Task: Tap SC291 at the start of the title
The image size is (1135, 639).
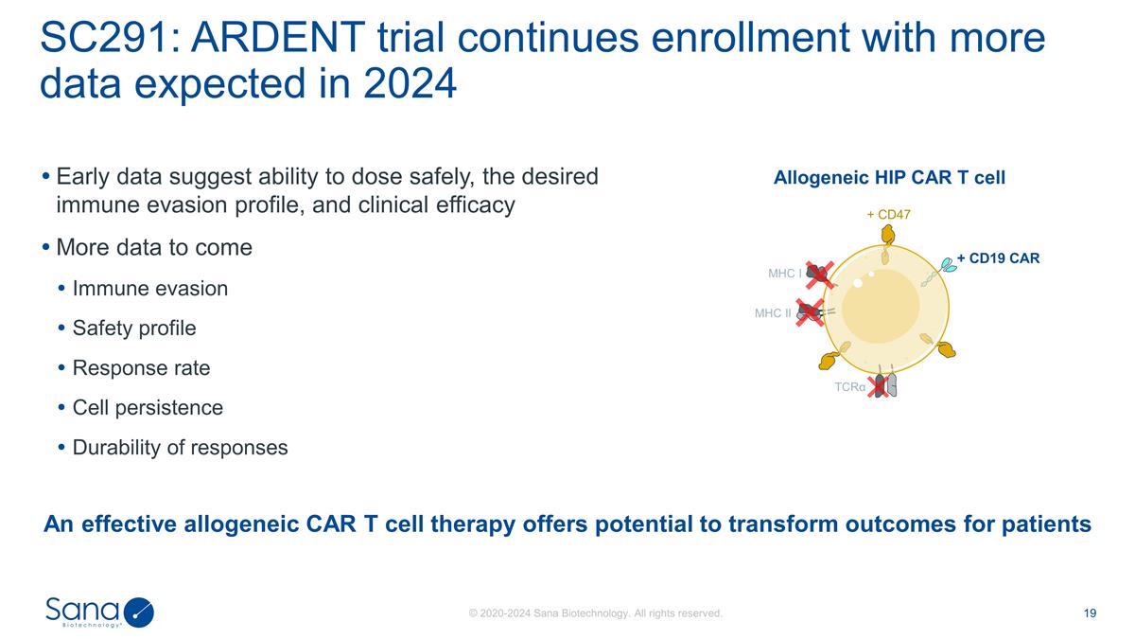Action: [x=100, y=40]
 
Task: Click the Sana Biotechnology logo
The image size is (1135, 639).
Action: [x=99, y=612]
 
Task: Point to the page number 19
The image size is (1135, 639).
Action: [x=1090, y=613]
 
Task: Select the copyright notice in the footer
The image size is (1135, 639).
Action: [x=596, y=613]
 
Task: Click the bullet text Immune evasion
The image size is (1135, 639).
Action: [x=149, y=288]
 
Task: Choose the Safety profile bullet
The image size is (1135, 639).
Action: [x=134, y=328]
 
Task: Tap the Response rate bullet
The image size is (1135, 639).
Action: [x=141, y=367]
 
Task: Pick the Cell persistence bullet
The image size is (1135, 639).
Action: [x=148, y=408]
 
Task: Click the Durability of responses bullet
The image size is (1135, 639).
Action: [x=180, y=448]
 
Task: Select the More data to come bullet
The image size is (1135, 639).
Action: [x=154, y=248]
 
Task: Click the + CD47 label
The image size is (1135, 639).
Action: [x=888, y=215]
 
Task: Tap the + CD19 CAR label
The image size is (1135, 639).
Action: [x=998, y=257]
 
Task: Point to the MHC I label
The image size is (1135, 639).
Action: [x=784, y=274]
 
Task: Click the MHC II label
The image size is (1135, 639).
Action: [x=773, y=312]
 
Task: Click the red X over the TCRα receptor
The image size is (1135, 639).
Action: [x=880, y=385]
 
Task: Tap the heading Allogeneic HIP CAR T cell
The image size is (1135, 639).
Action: [x=889, y=178]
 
